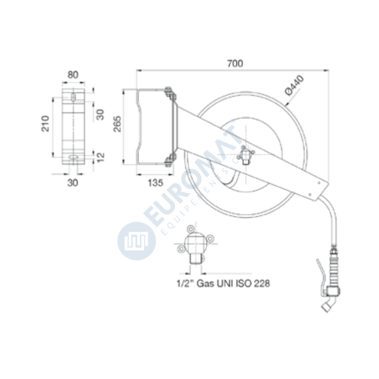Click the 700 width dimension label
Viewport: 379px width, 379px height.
(235, 63)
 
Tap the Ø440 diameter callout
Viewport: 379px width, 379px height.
(294, 85)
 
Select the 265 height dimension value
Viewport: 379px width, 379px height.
(118, 124)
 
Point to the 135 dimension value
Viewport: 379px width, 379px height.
(155, 183)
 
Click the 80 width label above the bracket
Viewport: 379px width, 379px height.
(73, 75)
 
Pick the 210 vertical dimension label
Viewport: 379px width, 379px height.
(45, 124)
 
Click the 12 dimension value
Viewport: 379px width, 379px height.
(101, 157)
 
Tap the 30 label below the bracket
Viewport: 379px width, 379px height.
(73, 183)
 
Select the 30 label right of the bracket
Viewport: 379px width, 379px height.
(100, 114)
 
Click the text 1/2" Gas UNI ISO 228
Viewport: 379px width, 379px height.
(223, 283)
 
